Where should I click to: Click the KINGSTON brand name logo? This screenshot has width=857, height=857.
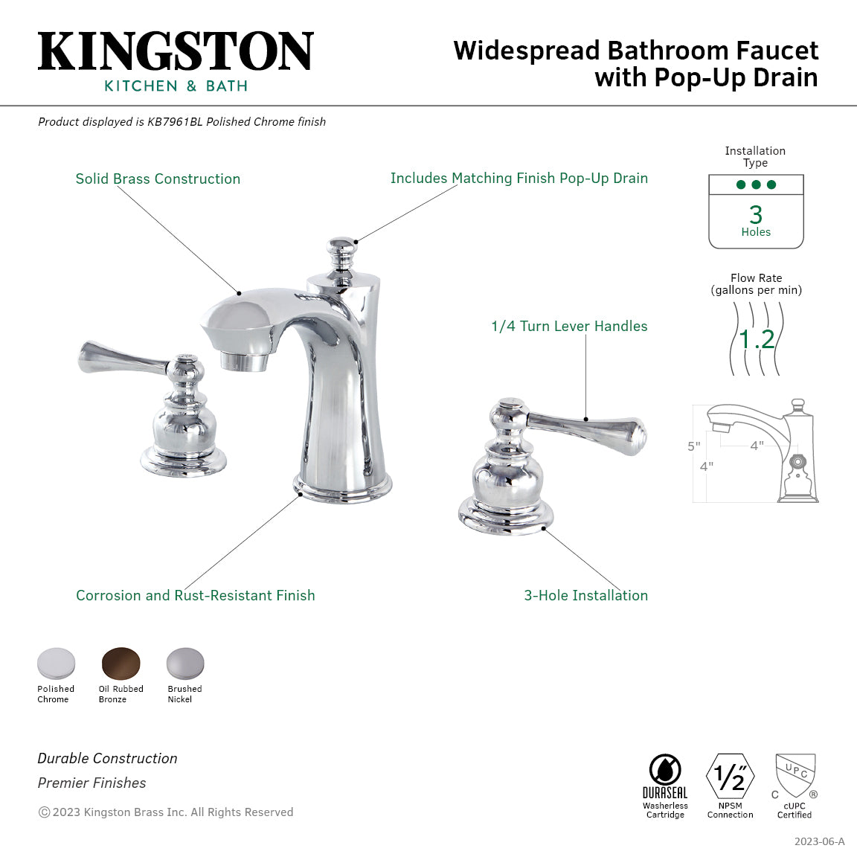[176, 52]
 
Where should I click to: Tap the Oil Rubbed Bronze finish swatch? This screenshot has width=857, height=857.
[121, 662]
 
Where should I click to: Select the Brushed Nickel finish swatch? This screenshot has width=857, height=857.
[184, 662]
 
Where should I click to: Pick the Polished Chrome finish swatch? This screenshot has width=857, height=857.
[57, 662]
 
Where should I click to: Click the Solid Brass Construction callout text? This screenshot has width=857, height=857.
[158, 179]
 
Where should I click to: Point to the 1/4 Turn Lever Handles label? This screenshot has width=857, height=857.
[569, 327]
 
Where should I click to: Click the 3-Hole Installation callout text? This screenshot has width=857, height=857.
[585, 596]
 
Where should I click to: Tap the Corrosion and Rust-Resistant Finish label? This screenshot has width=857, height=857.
[196, 596]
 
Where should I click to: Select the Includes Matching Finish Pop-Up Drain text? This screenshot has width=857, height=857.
[519, 179]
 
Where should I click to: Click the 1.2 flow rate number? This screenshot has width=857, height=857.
[757, 340]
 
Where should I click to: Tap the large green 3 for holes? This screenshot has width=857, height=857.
[756, 215]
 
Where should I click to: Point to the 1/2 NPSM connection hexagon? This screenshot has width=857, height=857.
[730, 777]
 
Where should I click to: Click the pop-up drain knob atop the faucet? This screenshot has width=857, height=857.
[342, 251]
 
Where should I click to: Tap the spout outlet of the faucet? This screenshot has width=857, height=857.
[245, 362]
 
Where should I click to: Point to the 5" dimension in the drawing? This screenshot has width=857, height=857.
[693, 446]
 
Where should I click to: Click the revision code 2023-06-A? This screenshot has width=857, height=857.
[819, 841]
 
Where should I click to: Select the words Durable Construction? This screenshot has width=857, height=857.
[108, 759]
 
